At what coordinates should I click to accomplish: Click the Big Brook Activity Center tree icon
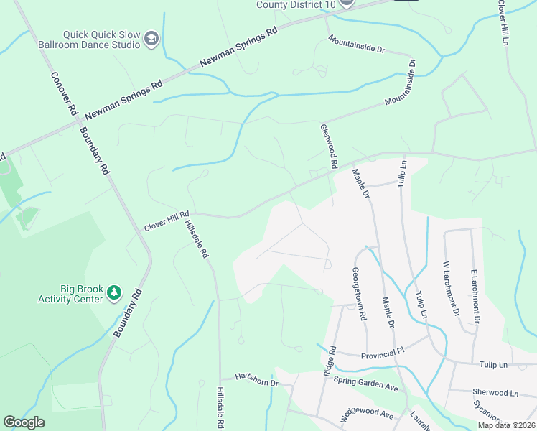(113, 292)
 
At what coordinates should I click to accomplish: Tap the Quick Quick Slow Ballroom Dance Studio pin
(151, 39)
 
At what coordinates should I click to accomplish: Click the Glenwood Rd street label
(329, 145)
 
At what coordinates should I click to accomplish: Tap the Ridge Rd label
(330, 361)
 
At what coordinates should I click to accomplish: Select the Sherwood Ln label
(495, 393)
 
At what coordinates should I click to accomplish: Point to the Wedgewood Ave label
(367, 414)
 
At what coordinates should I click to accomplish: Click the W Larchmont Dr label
(451, 288)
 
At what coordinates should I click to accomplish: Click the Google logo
(24, 422)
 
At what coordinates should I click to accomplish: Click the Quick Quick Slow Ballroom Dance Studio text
(101, 39)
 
